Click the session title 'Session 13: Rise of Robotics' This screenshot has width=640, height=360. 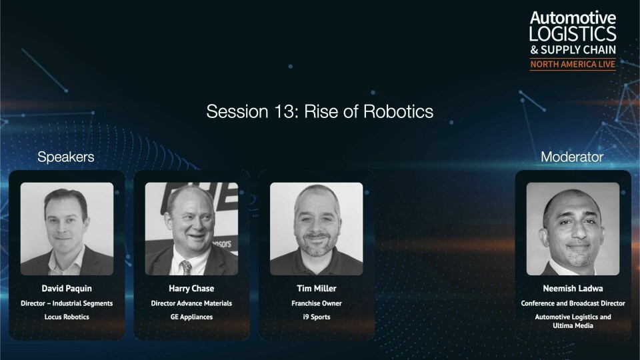tap(319, 111)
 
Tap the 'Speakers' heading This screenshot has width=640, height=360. tap(66, 157)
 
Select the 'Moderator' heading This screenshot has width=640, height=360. tap(572, 157)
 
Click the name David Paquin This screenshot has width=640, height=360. tap(67, 288)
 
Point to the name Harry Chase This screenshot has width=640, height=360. tap(191, 288)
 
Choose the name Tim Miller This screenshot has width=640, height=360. tap(316, 288)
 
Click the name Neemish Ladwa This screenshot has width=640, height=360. tap(573, 288)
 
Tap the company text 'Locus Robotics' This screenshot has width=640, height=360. tap(67, 317)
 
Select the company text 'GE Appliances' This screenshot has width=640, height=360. tap(191, 317)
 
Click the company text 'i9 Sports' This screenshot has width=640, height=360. tap(316, 317)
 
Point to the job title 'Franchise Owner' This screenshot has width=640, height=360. tap(316, 303)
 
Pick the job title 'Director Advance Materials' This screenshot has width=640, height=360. tap(191, 303)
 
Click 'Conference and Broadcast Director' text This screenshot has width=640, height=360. tap(573, 303)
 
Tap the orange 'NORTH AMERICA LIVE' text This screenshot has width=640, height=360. tap(573, 64)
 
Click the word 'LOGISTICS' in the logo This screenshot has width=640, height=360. tap(573, 33)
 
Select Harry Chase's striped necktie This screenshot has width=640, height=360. tap(186, 267)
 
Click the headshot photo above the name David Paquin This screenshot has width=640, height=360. tap(67, 229)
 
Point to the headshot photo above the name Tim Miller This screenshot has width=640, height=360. tap(316, 229)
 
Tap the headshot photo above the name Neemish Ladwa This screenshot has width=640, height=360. tap(573, 229)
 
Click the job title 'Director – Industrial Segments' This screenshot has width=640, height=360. tap(67, 303)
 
